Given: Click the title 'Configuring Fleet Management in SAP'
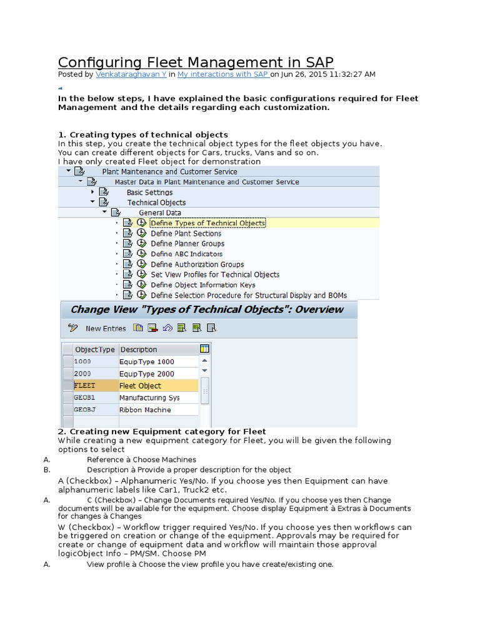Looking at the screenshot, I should pos(196,62).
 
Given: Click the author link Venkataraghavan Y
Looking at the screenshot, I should pos(131,74).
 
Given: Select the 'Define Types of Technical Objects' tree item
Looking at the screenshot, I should pos(207,223).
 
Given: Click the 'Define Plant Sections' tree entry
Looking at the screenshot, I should pos(186,234).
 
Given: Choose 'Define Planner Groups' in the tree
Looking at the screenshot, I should pos(187,244).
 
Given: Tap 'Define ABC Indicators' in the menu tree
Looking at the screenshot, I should pos(186,254).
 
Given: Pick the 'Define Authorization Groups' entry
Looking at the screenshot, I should pos(197,264).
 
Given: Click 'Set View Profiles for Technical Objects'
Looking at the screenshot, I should pos(215,274).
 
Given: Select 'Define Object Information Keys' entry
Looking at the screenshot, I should pos(202,285).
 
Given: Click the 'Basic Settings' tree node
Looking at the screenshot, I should pos(150,192).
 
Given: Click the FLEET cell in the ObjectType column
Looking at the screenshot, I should pos(85,386).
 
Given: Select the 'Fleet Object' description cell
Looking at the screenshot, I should pos(141,386).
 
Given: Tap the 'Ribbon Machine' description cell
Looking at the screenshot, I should pos(145,410).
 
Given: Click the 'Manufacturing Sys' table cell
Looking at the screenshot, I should pos(149,397).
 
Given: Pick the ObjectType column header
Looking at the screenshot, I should pos(94,349).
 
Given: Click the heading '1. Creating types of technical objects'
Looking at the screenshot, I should pos(143,134).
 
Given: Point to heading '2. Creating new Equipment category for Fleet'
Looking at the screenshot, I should pos(162,431).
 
